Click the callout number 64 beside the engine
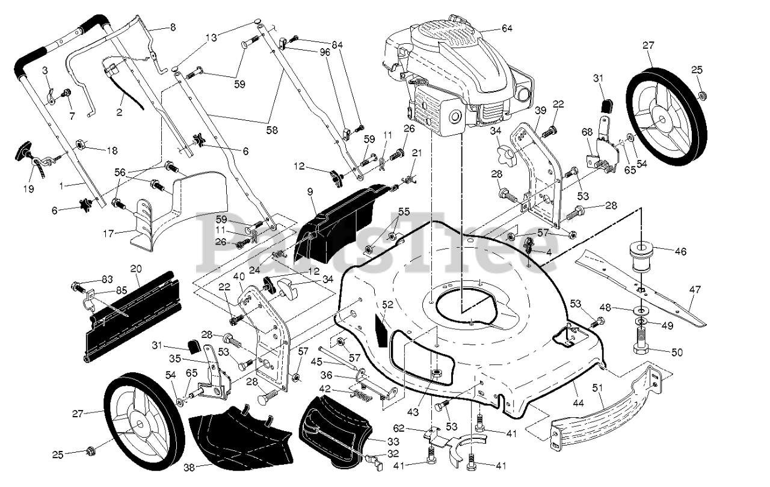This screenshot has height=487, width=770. coord(507,28)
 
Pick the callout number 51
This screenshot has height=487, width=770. coord(597,388)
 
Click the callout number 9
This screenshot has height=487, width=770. coord(310,192)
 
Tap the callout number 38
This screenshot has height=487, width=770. coord(189,468)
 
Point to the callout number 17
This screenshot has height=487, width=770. coord(108,234)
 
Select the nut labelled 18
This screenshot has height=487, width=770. coord(80,144)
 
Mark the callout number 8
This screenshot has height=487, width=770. coord(173,27)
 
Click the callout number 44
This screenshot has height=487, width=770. coord(579,403)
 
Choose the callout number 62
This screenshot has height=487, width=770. coord(399,429)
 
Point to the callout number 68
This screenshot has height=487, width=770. coord(587,132)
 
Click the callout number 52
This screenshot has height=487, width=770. coord(387,304)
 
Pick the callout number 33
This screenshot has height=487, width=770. coord(393,441)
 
